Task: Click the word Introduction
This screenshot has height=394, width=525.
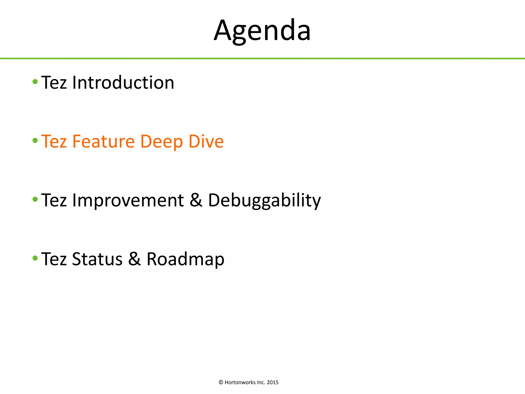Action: pos(123,83)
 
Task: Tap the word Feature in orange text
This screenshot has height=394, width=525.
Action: pos(103,141)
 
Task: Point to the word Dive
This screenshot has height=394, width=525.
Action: pos(206,141)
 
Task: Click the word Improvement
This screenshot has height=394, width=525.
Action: pos(128,200)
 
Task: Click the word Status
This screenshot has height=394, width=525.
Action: pos(97,259)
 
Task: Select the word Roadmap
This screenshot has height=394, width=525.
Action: pos(185,259)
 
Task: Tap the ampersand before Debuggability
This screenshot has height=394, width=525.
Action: pos(196,200)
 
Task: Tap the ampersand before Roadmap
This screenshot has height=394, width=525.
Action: pos(134,259)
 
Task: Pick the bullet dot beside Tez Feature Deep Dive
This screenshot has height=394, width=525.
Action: pos(35,141)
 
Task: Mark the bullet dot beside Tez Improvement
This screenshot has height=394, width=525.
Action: pos(35,199)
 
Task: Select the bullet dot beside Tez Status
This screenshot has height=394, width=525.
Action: pos(35,258)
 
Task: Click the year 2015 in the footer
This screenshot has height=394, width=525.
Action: pos(272,382)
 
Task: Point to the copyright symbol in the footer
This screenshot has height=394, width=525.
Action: pos(221,382)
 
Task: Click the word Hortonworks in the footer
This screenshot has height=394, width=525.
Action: pos(240,382)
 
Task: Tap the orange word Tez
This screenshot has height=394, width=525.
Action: pos(54,141)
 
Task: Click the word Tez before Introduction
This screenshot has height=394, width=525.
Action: pos(54,83)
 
